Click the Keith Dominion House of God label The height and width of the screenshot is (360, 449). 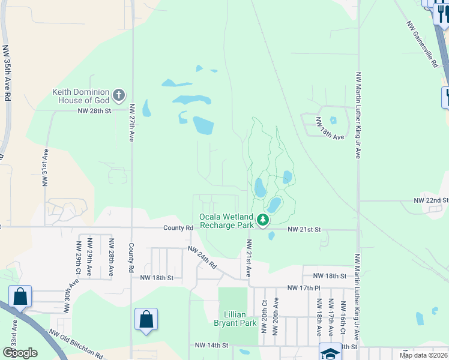(x=82, y=96)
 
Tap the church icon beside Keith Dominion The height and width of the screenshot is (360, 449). (x=119, y=95)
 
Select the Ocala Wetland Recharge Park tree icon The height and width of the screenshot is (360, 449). (x=262, y=221)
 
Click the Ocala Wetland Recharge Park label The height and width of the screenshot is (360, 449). (x=227, y=221)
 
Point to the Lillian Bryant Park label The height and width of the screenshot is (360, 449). (x=231, y=319)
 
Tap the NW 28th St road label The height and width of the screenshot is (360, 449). (x=94, y=111)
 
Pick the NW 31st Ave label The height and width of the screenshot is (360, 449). (x=44, y=169)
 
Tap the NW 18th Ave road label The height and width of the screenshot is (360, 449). (x=331, y=137)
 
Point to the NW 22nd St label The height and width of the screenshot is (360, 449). (x=431, y=200)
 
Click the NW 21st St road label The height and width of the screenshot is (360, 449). (x=305, y=230)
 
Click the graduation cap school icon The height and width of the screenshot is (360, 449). (x=329, y=353)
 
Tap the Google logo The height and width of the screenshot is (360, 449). (x=20, y=353)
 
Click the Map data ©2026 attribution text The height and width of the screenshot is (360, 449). (x=423, y=355)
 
